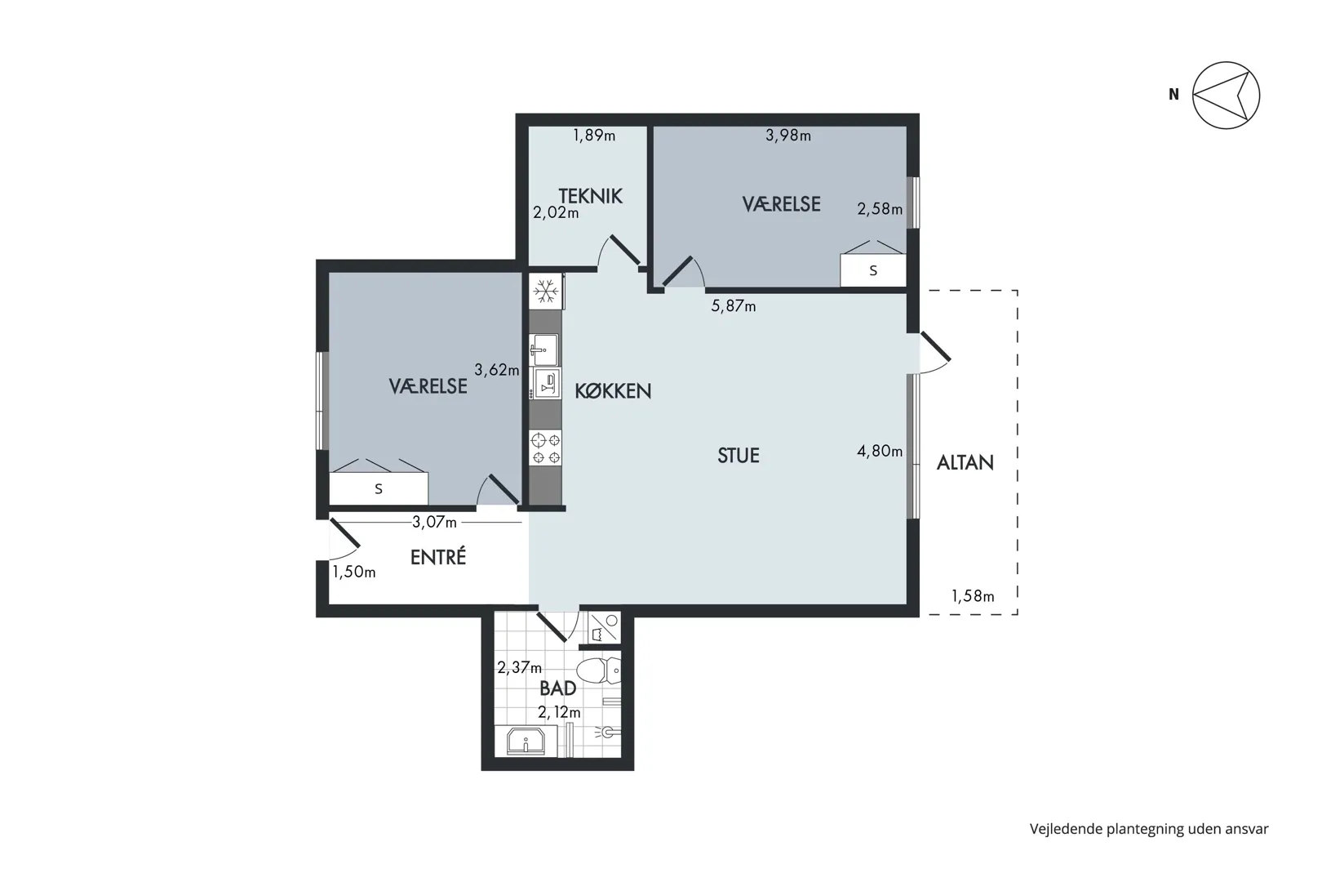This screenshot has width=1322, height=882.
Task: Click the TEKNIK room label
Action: tap(590, 196)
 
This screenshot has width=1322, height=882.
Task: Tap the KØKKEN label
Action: tap(613, 391)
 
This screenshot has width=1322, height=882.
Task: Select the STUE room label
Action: tap(739, 456)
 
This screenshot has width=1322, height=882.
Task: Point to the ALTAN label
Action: tap(965, 462)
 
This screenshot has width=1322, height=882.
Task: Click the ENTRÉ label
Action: tap(438, 557)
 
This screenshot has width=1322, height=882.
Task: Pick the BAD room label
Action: tap(557, 688)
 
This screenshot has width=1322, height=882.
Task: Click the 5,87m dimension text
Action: tap(734, 306)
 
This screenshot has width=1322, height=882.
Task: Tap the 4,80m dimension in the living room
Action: tap(880, 452)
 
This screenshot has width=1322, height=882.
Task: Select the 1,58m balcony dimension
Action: tap(973, 596)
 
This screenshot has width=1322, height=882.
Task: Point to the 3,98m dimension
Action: tap(788, 136)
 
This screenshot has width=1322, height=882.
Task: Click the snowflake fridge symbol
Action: tap(546, 292)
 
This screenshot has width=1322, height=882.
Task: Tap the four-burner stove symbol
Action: tap(546, 448)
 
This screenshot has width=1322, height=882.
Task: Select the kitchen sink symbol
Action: tap(544, 350)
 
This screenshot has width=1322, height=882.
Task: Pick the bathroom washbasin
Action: tap(526, 742)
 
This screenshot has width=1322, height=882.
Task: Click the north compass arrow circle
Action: tap(1226, 95)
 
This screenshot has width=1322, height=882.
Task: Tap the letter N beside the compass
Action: tap(1173, 95)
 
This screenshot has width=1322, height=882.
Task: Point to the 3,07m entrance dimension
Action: tap(434, 522)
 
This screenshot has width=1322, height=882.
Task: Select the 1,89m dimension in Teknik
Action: tap(594, 136)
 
